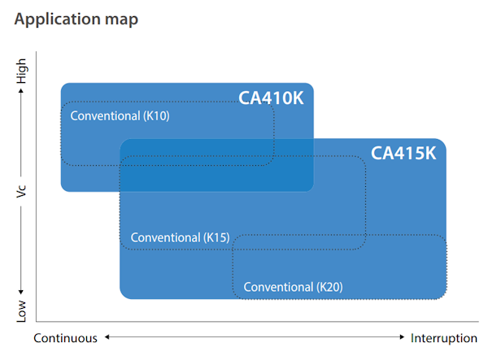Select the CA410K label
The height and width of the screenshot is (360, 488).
[271, 98]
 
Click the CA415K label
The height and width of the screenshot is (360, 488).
[403, 153]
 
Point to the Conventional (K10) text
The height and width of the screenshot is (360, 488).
[120, 115]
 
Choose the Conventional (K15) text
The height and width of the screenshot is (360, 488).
[180, 237]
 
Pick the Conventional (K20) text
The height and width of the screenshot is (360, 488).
[293, 287]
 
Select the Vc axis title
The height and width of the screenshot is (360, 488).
[22, 193]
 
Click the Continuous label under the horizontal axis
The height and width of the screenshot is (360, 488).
[65, 338]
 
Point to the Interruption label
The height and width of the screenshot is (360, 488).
[444, 338]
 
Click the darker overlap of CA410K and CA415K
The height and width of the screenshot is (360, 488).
[216, 165]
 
